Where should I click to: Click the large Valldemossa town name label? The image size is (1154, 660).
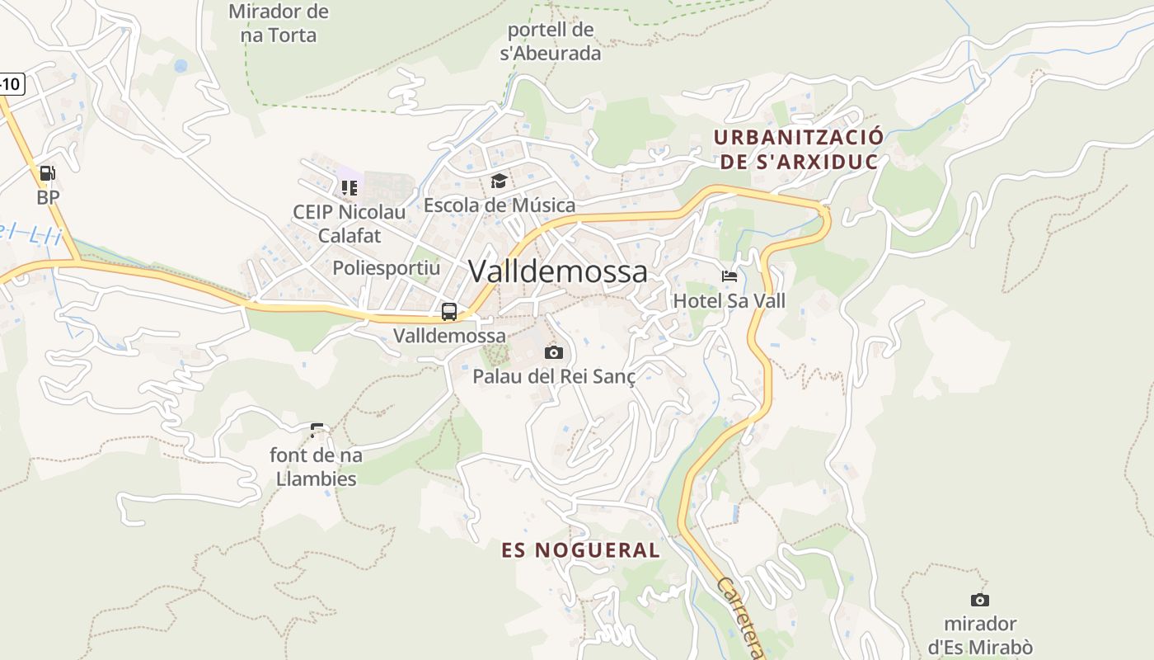click(558, 271)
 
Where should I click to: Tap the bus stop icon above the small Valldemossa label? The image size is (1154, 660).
click(449, 312)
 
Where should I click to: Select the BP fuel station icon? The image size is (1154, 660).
click(48, 173)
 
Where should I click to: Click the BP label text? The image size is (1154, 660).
click(48, 197)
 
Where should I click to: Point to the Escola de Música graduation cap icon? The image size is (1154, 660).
click(499, 181)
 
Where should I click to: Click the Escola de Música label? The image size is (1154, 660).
click(499, 205)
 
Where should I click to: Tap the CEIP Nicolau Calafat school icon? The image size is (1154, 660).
click(349, 188)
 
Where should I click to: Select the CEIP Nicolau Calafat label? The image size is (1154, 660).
click(349, 224)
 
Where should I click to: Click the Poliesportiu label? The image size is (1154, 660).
click(386, 268)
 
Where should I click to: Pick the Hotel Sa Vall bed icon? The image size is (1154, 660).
click(729, 276)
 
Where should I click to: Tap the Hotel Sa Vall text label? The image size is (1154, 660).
click(729, 300)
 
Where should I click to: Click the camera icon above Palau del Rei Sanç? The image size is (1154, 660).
click(554, 353)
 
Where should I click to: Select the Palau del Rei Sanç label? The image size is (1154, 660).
click(554, 376)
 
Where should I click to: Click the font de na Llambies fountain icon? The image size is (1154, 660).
click(317, 430)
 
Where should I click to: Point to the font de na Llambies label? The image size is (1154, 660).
click(317, 466)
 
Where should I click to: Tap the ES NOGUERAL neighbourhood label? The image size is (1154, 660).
click(581, 550)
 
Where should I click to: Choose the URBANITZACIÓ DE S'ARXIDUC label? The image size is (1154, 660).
click(799, 149)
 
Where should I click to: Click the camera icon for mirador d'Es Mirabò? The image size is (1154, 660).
click(979, 600)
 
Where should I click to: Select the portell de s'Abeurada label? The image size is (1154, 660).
click(551, 42)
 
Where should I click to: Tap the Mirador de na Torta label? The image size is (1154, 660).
click(278, 23)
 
